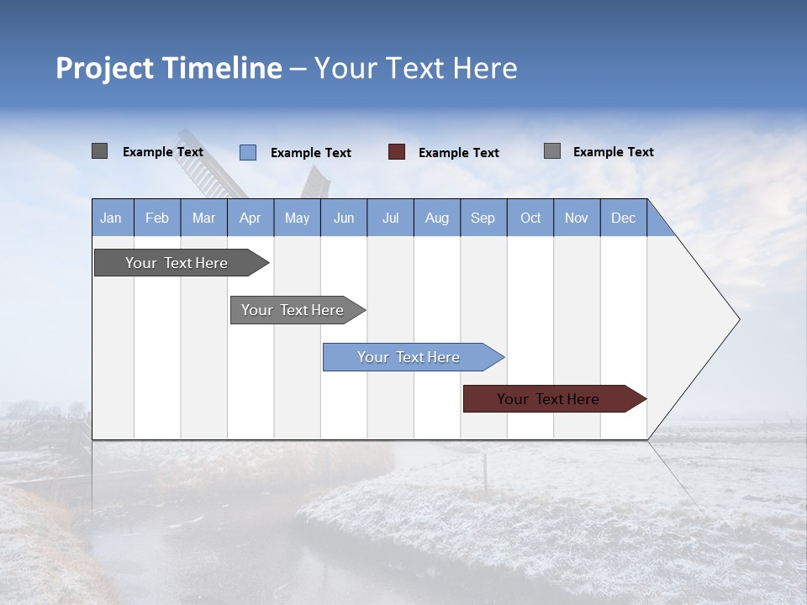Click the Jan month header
(x=112, y=218)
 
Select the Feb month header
(x=157, y=218)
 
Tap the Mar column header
(x=203, y=218)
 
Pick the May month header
(x=297, y=218)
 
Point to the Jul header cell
(x=390, y=218)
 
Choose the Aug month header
(x=437, y=218)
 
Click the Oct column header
(x=530, y=218)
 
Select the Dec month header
(x=624, y=218)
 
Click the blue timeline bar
(x=409, y=357)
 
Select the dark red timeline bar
(x=548, y=399)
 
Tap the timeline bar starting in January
(x=177, y=263)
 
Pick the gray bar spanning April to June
(x=293, y=310)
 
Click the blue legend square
(x=248, y=152)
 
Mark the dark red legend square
(x=397, y=152)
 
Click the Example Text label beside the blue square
(x=311, y=153)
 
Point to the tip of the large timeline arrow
(x=737, y=319)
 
